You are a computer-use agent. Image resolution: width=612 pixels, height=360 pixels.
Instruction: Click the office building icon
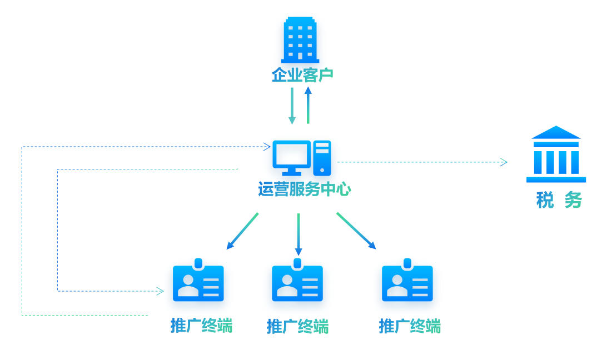click(x=300, y=39)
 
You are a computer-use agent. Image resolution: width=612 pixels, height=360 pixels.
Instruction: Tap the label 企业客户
click(x=302, y=75)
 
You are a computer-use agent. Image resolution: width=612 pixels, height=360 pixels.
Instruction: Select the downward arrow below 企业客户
click(x=292, y=106)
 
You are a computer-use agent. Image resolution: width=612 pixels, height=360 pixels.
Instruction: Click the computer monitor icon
click(x=291, y=157)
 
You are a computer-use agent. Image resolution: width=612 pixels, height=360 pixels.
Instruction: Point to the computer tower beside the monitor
click(x=322, y=157)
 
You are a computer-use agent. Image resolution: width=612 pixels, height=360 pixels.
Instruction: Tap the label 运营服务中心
click(x=304, y=189)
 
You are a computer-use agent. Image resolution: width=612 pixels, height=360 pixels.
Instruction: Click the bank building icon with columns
click(x=556, y=155)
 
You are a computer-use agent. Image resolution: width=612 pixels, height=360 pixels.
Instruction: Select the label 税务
click(x=559, y=200)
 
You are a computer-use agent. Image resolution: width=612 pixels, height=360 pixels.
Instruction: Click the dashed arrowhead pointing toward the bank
click(x=503, y=162)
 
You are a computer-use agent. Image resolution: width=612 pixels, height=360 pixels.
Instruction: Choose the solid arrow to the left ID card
click(x=242, y=231)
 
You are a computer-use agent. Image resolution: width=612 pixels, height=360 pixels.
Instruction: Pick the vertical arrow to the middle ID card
click(x=298, y=234)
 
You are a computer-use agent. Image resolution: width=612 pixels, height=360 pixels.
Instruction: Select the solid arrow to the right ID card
click(x=356, y=231)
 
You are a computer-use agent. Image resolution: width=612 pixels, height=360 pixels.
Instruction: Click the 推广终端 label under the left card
click(x=201, y=326)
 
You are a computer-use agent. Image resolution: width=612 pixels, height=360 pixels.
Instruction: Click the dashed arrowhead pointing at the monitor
click(x=267, y=147)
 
